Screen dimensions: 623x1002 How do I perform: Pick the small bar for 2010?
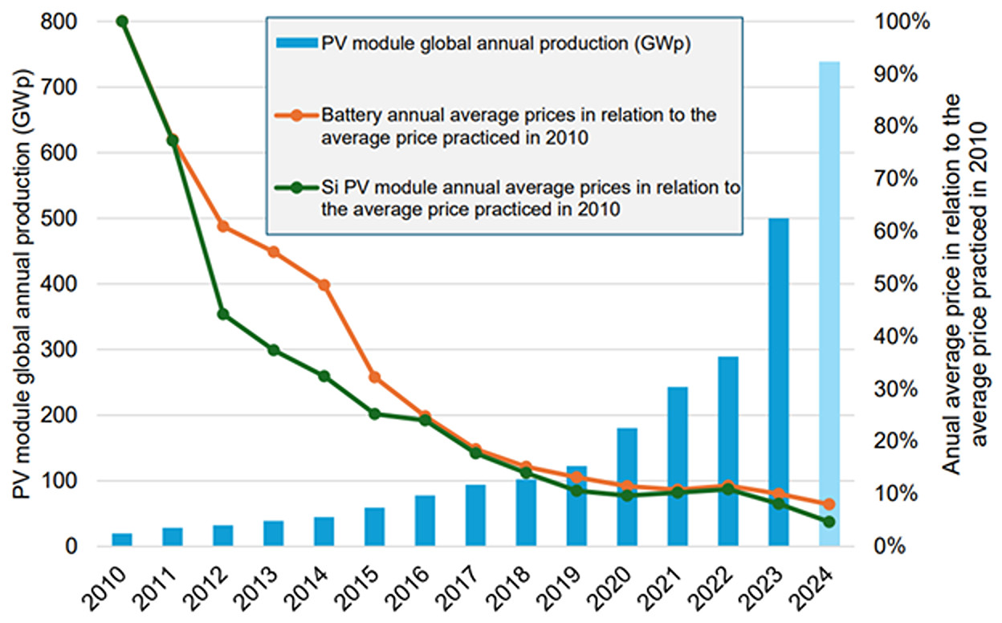tap(122, 540)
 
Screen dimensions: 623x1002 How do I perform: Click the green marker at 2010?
tap(122, 21)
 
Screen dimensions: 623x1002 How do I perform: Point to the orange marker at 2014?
tap(324, 285)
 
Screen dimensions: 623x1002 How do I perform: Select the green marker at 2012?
tap(223, 314)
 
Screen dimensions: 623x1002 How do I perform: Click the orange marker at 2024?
tap(829, 504)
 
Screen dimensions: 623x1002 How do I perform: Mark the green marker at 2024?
tap(829, 522)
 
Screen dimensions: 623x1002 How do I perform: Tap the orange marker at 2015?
tap(374, 377)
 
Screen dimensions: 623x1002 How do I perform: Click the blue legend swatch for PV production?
tap(297, 43)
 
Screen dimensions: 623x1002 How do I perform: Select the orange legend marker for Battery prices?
tap(297, 115)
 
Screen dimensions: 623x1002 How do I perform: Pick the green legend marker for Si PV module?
tap(297, 188)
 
